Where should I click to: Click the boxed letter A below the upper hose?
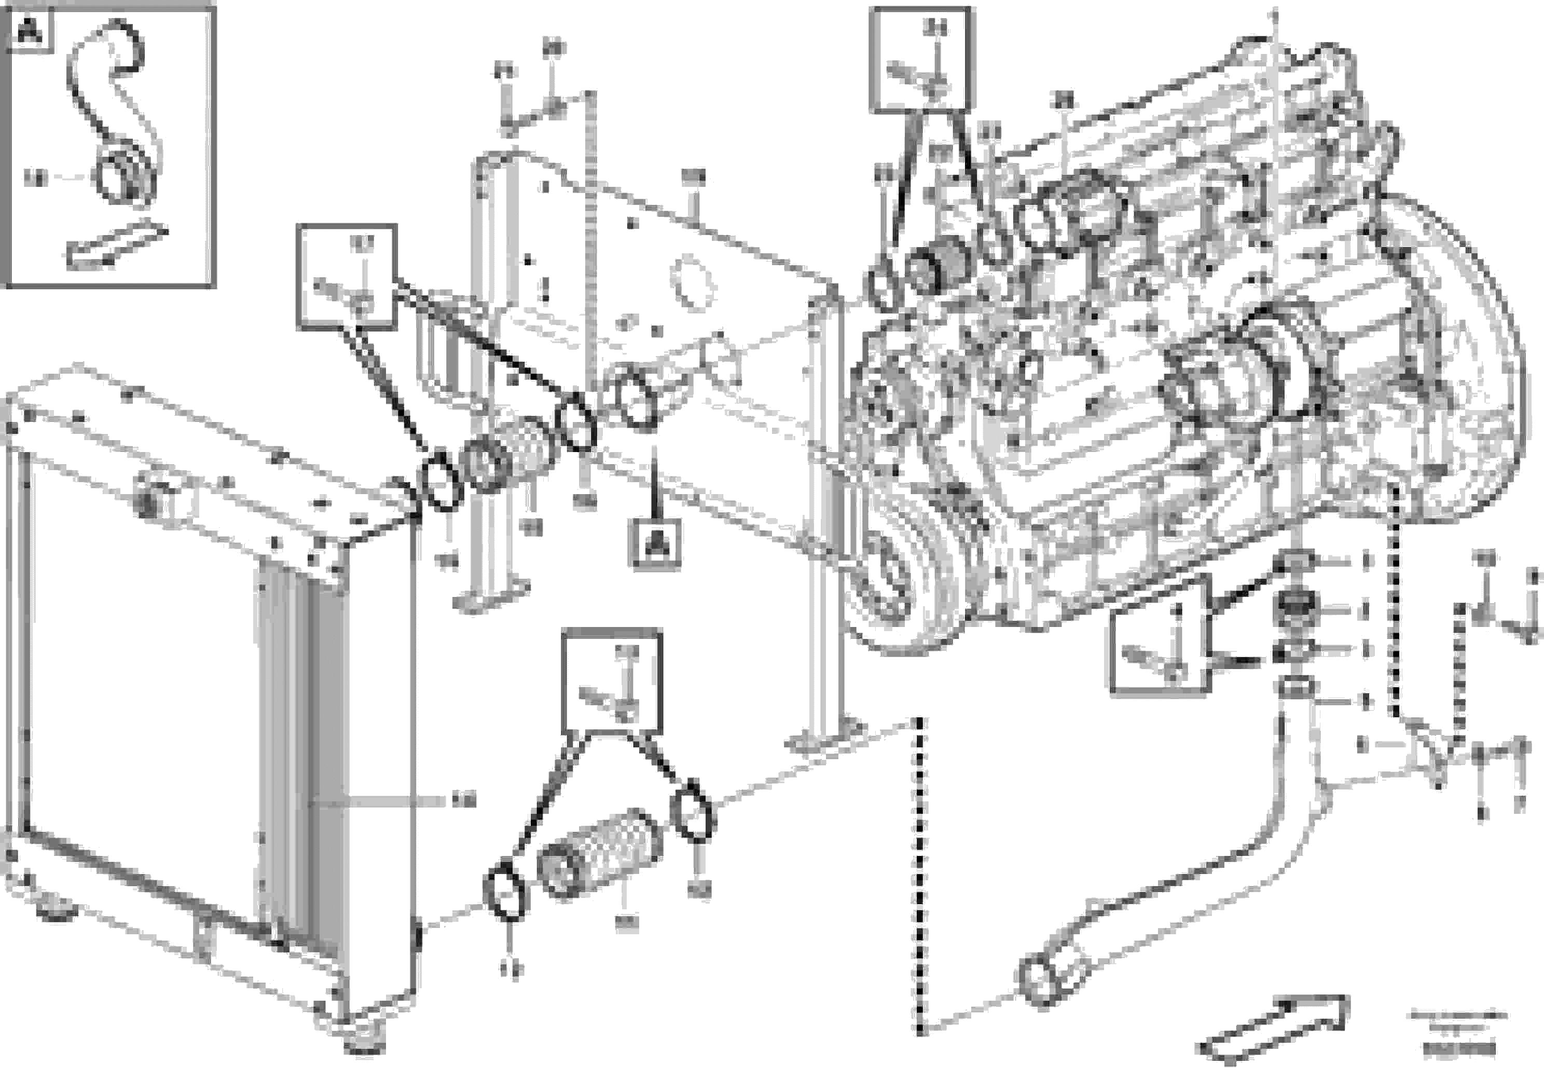(x=654, y=543)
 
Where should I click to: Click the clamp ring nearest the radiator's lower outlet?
(x=506, y=891)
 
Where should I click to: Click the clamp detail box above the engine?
(x=922, y=59)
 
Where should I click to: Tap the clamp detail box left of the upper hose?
(x=347, y=277)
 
